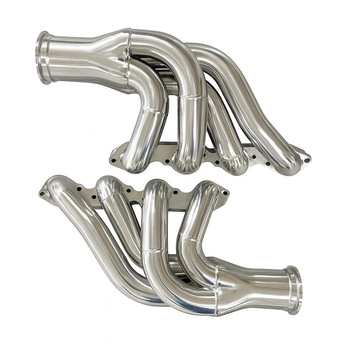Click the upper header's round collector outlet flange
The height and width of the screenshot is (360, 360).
point(43,57)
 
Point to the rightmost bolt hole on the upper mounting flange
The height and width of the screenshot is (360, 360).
point(307,160)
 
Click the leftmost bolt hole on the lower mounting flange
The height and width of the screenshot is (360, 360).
point(42,194)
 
